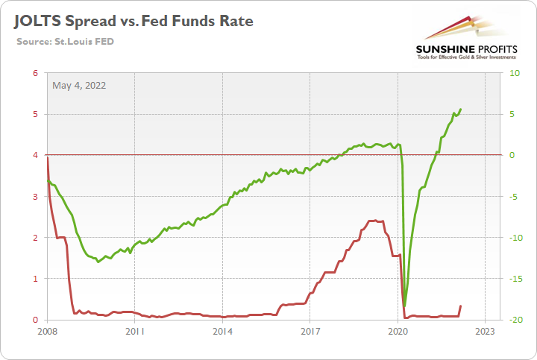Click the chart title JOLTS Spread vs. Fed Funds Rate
click(132, 21)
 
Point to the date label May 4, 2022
click(79, 85)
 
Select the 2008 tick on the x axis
click(47, 332)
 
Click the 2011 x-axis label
click(134, 332)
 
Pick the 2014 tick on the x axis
click(222, 332)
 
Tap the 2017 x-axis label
click(310, 332)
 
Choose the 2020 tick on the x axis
click(397, 332)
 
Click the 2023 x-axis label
click(484, 332)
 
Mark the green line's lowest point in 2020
click(404, 306)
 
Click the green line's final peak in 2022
click(461, 110)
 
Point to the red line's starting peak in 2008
click(48, 158)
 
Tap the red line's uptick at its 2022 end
click(460, 306)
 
